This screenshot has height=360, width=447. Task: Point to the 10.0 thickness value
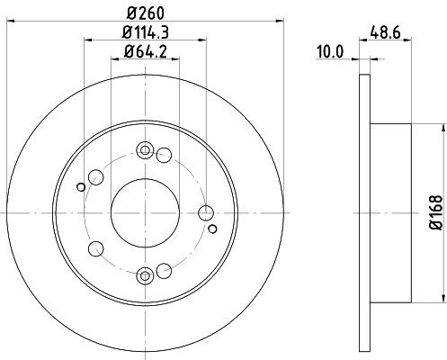pos(333,52)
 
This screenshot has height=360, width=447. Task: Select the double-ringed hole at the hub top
pos(145,150)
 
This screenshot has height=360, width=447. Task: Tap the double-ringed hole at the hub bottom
pos(145,274)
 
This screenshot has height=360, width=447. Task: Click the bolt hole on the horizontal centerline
pos(206,212)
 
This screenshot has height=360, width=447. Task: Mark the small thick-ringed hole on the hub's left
pos(81,187)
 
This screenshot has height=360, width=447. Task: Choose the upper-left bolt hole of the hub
pos(95,176)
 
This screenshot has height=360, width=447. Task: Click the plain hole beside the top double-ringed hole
pos(163,156)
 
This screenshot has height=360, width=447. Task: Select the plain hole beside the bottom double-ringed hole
pos(163,269)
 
